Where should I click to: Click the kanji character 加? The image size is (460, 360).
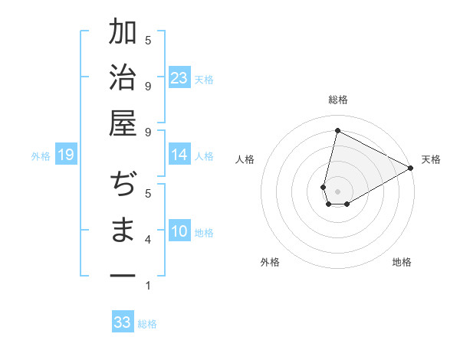click(x=123, y=33)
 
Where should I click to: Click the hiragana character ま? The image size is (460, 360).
click(x=123, y=231)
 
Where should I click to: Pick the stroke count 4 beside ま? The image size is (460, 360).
click(x=148, y=241)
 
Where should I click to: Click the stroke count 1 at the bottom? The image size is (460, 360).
click(x=148, y=286)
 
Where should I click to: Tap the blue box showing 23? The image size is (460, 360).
click(x=179, y=78)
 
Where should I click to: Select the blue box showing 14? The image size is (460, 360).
click(x=179, y=155)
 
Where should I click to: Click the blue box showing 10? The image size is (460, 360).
click(x=179, y=231)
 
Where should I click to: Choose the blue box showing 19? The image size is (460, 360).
click(x=65, y=155)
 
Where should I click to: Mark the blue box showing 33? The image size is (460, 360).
click(x=123, y=322)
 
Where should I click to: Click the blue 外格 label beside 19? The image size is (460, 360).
click(x=41, y=156)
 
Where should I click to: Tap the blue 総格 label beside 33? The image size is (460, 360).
click(x=147, y=324)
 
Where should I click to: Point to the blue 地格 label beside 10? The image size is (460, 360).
click(x=205, y=232)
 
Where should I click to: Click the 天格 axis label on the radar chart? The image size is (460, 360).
click(x=431, y=159)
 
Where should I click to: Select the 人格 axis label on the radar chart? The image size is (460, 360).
click(x=245, y=159)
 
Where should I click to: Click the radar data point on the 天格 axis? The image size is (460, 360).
click(x=412, y=168)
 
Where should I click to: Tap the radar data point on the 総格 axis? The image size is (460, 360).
click(x=337, y=130)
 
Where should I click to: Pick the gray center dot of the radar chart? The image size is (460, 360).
click(x=337, y=191)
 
